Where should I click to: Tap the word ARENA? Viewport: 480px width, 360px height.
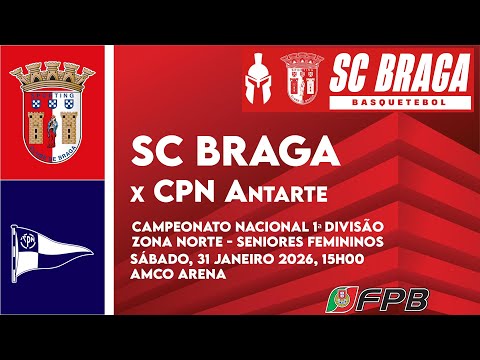click(200, 273)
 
